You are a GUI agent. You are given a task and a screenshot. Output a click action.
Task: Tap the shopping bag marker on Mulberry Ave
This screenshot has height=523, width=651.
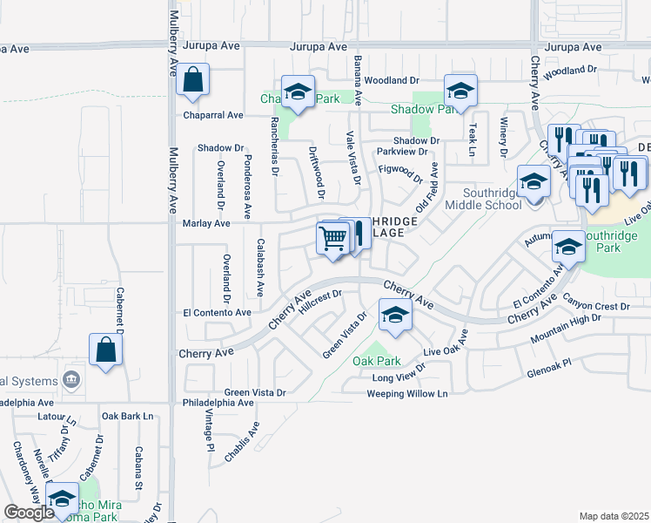click(192, 80)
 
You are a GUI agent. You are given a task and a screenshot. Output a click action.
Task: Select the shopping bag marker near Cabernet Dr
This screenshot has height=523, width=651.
click(105, 350)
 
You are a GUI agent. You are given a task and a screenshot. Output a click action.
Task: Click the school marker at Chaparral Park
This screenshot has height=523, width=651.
click(298, 93)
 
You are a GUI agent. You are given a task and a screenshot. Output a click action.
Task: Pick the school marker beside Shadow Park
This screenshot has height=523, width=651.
click(460, 90)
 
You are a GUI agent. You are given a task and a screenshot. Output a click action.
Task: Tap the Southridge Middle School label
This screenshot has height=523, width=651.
click(483, 200)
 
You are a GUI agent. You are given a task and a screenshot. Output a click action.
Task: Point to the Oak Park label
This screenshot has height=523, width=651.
click(376, 361)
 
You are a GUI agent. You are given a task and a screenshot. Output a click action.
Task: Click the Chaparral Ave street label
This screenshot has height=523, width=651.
click(212, 115)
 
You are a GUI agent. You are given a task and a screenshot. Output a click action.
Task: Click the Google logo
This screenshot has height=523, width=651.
click(29, 513)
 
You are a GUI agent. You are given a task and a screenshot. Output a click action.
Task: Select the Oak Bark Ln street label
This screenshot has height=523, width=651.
click(127, 417)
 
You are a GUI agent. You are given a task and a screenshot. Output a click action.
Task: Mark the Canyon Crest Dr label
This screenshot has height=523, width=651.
click(595, 307)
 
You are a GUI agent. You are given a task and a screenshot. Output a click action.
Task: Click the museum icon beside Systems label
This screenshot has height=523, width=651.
click(71, 380)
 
